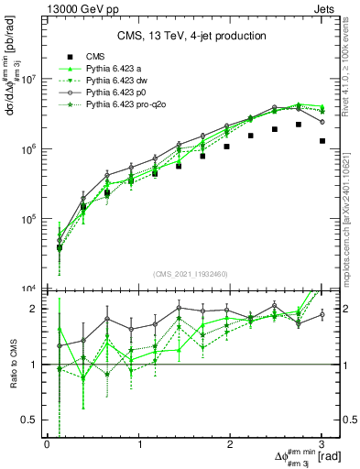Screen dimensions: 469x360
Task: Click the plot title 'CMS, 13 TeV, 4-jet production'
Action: (x=191, y=36)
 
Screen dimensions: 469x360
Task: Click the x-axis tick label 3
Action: (x=322, y=444)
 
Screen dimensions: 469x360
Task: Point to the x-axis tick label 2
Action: (x=230, y=444)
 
